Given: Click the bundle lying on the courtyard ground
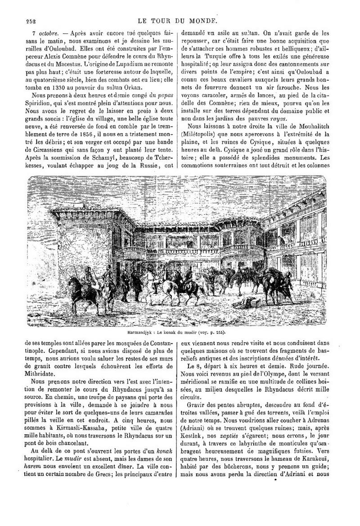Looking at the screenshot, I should [250, 302].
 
